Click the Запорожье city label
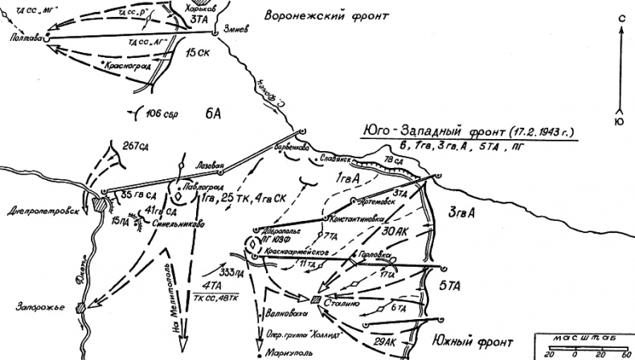(31, 306)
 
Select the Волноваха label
(286, 314)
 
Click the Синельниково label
(177, 224)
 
